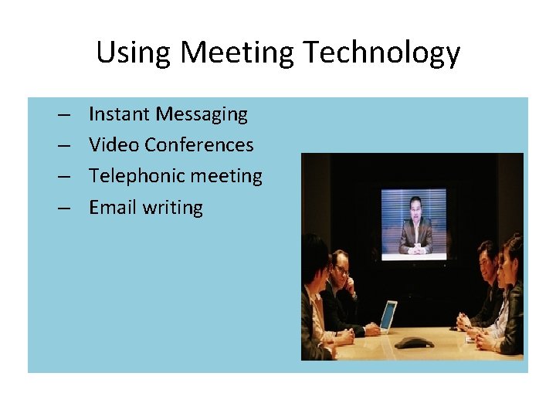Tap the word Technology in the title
click(x=381, y=53)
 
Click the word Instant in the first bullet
click(x=119, y=114)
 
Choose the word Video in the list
click(x=114, y=145)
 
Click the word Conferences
click(x=198, y=145)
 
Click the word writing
click(x=173, y=208)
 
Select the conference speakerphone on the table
click(x=415, y=342)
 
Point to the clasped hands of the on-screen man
click(x=416, y=249)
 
